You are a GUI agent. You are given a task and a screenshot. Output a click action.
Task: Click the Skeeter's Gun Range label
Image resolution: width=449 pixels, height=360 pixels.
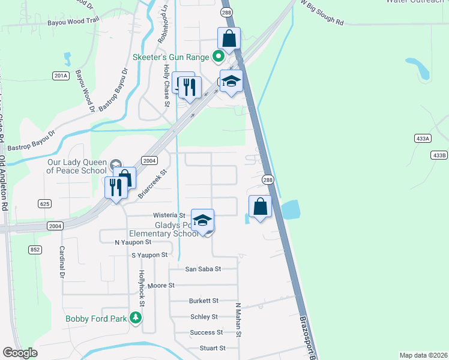coord(170,57)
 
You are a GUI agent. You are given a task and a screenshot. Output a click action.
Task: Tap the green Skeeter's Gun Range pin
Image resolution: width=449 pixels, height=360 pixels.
coord(218,57)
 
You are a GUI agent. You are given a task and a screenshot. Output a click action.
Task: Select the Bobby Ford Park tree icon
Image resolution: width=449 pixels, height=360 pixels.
coord(136,318)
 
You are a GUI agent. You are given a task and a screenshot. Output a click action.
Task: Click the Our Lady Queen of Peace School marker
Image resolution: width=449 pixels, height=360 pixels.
coord(116,164)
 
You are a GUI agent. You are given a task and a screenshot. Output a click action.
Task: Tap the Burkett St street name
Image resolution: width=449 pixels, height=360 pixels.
coord(203,301)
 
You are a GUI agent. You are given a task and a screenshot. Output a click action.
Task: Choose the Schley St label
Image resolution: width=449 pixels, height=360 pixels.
coord(203,316)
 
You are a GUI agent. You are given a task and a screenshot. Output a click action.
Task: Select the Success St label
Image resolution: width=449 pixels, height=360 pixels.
coord(206,332)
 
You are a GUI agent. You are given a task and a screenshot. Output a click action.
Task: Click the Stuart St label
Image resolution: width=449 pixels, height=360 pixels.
coord(212,347)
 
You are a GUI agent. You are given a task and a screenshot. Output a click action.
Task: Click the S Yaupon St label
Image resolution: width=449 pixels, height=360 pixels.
coord(149,255)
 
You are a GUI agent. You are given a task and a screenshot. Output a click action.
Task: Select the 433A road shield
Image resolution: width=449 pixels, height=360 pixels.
coord(423,139)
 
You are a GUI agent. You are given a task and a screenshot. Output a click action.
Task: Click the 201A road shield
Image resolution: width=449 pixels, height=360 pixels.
coord(61,76)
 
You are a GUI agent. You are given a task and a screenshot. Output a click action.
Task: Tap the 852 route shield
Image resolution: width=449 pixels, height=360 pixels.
coord(35,250)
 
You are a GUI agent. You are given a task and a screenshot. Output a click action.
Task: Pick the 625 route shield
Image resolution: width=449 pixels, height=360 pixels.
coord(44,204)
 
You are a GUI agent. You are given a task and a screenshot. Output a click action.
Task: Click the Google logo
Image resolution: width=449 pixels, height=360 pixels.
coord(20,353)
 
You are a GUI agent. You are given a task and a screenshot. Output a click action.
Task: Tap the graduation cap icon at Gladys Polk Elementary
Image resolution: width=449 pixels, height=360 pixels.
coord(203,220)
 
